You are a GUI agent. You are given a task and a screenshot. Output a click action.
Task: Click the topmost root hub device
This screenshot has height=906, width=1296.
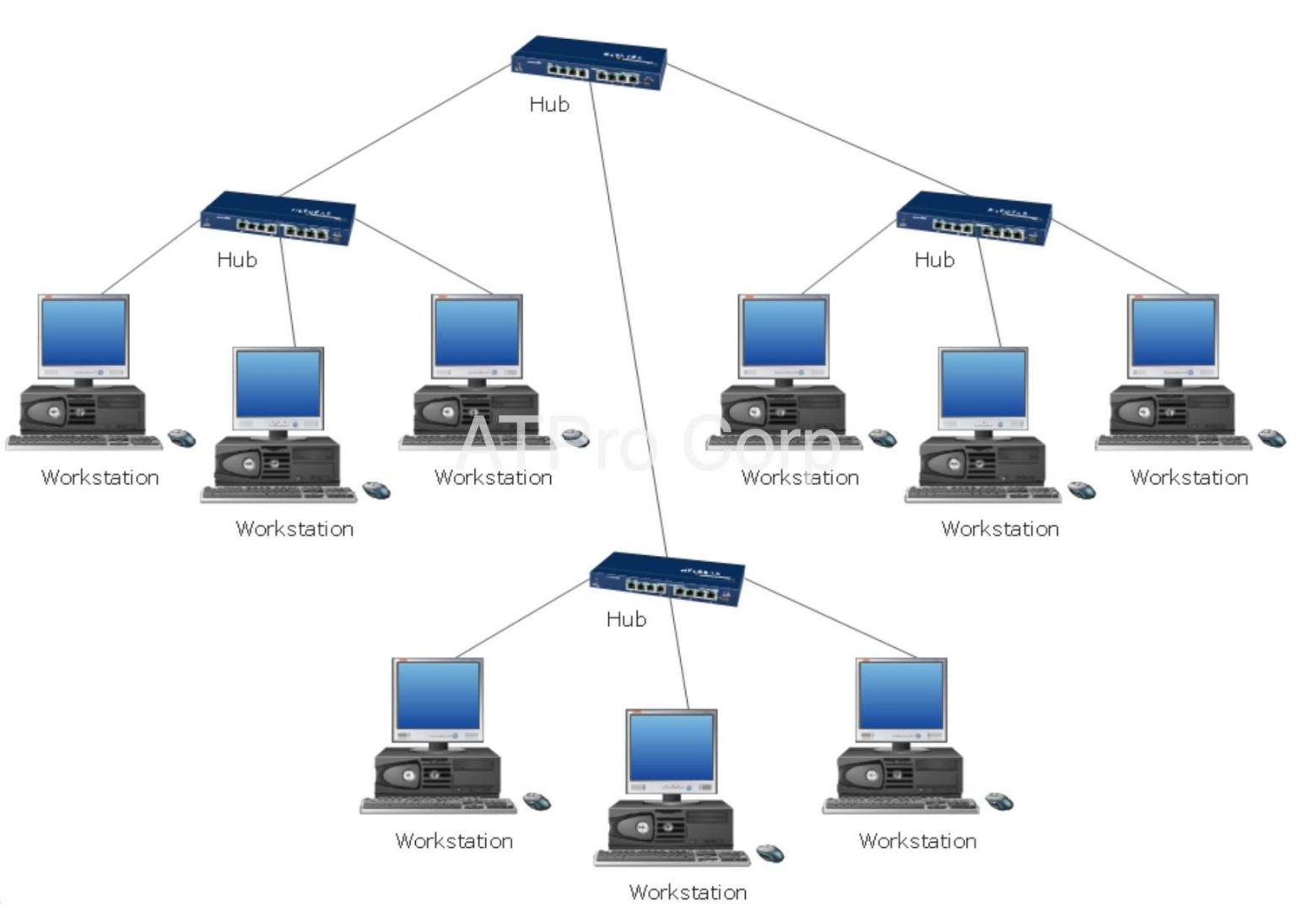point(589,62)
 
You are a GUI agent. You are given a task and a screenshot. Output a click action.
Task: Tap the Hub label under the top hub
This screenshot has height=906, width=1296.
point(549,104)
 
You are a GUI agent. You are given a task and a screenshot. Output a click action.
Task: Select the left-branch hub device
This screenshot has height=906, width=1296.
point(278,218)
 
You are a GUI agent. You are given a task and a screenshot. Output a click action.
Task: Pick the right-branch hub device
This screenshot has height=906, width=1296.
point(974,218)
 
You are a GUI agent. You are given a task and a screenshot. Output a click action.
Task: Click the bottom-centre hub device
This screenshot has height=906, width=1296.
point(667,579)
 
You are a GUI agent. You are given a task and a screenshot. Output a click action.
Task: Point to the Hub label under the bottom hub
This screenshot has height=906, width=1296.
point(626,619)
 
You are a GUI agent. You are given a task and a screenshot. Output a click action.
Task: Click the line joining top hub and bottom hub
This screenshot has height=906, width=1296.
point(629,321)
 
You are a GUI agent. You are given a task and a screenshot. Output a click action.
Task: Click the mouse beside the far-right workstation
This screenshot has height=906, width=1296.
point(1271,437)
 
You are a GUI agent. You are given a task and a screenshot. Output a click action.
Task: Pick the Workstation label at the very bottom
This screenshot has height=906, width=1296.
point(688,892)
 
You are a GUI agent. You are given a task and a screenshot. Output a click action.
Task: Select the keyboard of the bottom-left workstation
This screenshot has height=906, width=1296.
point(437,806)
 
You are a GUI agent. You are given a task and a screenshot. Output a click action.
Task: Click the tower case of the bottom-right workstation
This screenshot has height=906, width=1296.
point(899,771)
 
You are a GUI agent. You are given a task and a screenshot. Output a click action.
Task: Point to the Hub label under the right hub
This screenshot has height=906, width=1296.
point(934,259)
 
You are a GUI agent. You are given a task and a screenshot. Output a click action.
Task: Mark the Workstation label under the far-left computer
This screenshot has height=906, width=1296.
point(100,477)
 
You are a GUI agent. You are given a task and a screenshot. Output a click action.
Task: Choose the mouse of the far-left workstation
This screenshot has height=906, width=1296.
point(181,437)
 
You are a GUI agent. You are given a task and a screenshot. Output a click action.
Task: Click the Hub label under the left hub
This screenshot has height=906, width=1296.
point(236,259)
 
